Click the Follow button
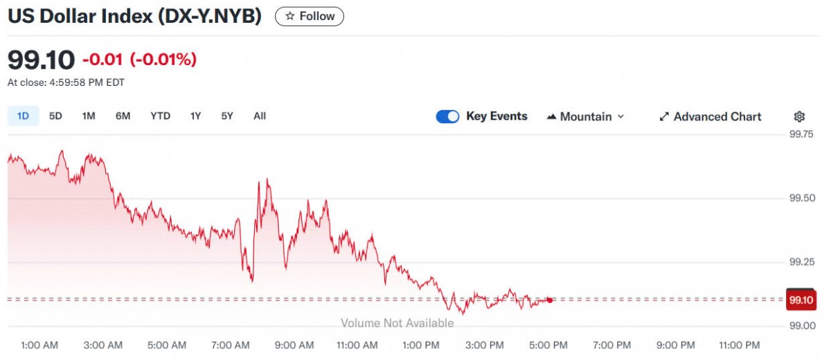(x=309, y=16)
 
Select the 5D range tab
(x=55, y=116)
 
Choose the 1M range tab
(x=89, y=116)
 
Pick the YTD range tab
(x=160, y=116)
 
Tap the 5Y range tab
(x=227, y=116)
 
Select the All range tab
(x=260, y=116)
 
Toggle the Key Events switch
(x=447, y=117)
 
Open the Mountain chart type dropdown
(x=585, y=117)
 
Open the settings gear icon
(x=799, y=117)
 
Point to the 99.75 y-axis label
(x=801, y=134)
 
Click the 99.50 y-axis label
(x=801, y=199)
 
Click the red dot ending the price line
(x=550, y=300)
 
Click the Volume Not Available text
(x=397, y=323)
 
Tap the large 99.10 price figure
(x=41, y=60)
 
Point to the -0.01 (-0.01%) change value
(x=139, y=60)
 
